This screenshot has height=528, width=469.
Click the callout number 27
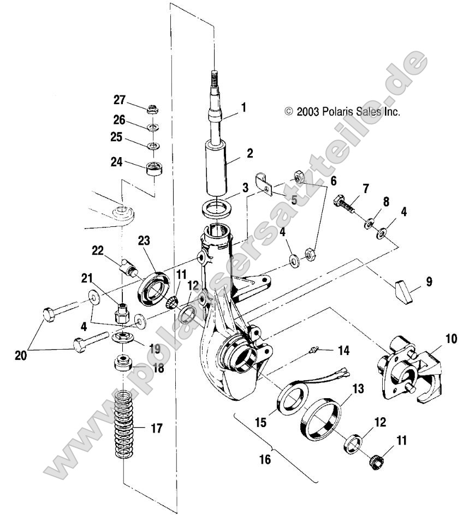tap(119, 100)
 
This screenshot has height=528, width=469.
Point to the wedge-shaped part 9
tap(404, 292)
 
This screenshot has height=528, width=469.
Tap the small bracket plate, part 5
tap(266, 184)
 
